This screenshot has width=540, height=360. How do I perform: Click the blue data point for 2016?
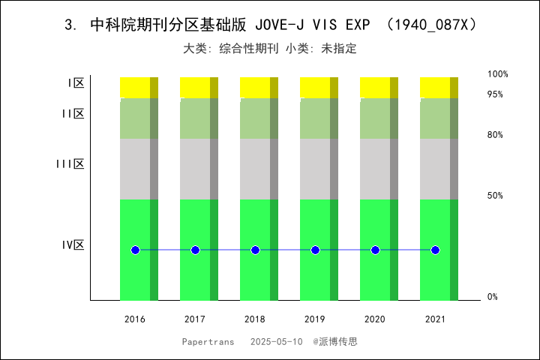(135, 250)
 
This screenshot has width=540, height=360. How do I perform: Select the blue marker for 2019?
(315, 250)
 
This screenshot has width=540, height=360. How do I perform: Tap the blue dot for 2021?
(435, 250)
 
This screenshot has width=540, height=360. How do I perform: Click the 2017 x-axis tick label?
(195, 319)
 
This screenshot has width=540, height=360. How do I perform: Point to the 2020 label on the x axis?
(375, 319)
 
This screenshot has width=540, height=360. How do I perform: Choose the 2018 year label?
(255, 319)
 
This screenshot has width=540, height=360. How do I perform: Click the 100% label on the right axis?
(498, 74)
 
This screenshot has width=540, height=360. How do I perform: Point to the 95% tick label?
(495, 94)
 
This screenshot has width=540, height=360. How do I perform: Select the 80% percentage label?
(495, 135)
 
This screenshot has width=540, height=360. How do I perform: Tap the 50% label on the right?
(495, 196)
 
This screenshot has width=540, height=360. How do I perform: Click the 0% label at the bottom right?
(493, 297)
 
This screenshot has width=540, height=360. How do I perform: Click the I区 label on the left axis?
(76, 84)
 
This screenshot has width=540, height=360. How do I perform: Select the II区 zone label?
(73, 114)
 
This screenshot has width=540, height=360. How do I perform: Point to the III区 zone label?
(70, 164)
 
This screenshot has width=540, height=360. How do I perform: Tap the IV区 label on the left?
(73, 245)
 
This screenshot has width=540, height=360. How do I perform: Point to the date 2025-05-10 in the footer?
(277, 341)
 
